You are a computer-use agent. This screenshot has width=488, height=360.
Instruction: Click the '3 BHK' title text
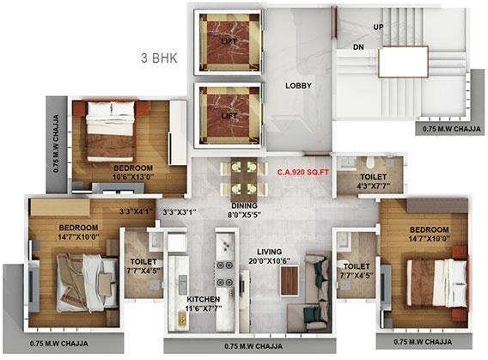pyautogui.click(x=159, y=58)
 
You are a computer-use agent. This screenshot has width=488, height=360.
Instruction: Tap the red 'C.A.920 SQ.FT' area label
pyautogui.click(x=303, y=172)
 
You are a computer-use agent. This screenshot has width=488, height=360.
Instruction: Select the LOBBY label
pyautogui.click(x=298, y=86)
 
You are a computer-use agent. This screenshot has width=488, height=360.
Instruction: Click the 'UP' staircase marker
pyautogui.click(x=378, y=27)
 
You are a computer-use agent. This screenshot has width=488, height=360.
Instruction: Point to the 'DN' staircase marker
pyautogui.click(x=358, y=47)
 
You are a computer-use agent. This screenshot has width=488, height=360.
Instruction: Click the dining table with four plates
pyautogui.click(x=244, y=180)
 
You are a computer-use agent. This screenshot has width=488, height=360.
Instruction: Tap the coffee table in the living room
pyautogui.click(x=290, y=281)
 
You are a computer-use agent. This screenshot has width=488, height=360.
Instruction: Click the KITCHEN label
pyautogui.click(x=204, y=299)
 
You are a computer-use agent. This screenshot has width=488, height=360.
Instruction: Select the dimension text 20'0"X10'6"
pyautogui.click(x=270, y=260)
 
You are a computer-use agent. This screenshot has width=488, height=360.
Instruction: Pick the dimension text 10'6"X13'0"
pyautogui.click(x=133, y=177)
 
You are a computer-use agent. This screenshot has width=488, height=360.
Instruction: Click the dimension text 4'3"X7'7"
pyautogui.click(x=374, y=186)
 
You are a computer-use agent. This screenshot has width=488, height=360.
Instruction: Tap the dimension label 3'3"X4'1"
pyautogui.click(x=137, y=211)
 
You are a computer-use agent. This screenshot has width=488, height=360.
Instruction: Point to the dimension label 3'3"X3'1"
pyautogui.click(x=180, y=212)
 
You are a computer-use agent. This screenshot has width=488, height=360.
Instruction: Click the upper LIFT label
pyautogui.click(x=229, y=41)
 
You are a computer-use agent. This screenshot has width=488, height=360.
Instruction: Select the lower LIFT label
pyautogui.click(x=229, y=116)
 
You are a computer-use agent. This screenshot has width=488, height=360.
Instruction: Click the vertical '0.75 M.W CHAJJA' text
pyautogui.click(x=56, y=143)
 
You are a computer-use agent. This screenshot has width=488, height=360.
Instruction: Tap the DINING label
pyautogui.click(x=244, y=205)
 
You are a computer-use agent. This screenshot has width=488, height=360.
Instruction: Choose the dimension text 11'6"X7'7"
pyautogui.click(x=204, y=308)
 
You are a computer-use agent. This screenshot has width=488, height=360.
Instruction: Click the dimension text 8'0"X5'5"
pyautogui.click(x=244, y=215)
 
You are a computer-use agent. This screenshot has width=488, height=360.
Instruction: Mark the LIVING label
pyautogui.click(x=270, y=252)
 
